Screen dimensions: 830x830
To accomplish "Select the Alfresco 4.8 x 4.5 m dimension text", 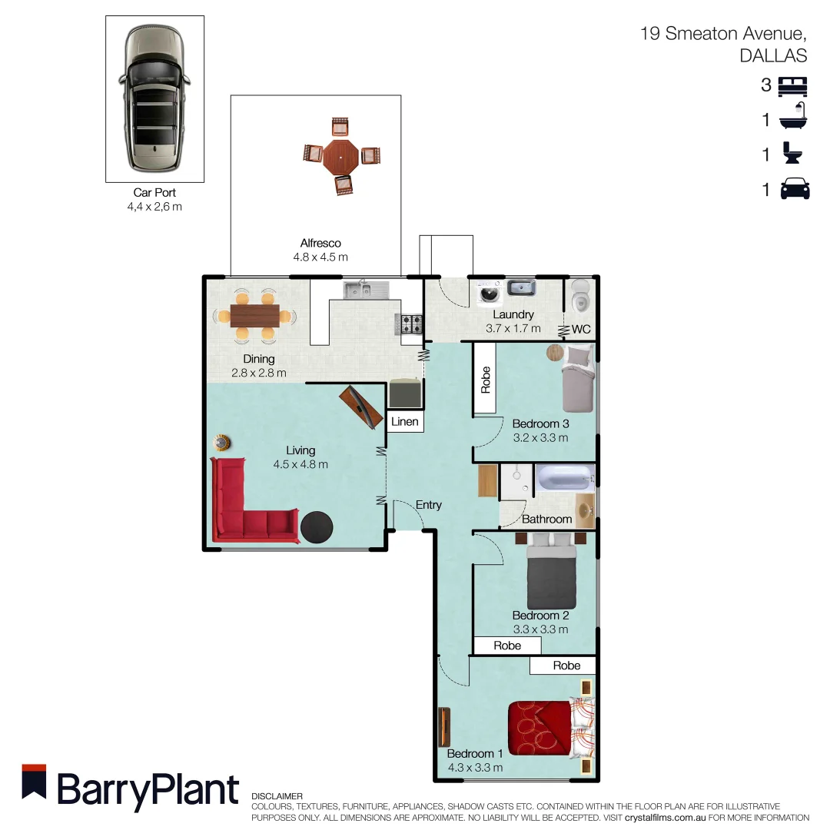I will pos(320,257).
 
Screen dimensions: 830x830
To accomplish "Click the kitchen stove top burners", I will pos(409,324).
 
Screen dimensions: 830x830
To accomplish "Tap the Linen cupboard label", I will pos(405,422).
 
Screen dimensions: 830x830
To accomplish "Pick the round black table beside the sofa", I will pos(317,527).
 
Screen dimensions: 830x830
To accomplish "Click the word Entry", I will pos(429,505).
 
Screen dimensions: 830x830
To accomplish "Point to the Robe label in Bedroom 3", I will pos(485,380).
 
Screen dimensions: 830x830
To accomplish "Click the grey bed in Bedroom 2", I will pos(552,577).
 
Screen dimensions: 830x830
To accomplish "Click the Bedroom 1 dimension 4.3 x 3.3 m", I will pos(475,767).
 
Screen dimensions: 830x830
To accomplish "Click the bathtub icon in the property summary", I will pos(794,119).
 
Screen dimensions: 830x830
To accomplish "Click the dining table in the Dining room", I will pos(254,315).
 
